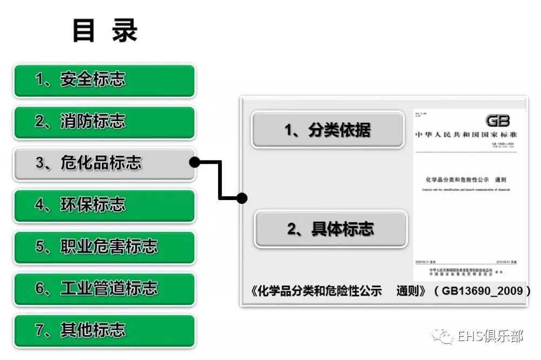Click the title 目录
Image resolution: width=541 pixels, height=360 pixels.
pyautogui.click(x=105, y=31)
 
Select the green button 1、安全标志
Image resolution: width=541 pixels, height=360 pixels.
pyautogui.click(x=104, y=81)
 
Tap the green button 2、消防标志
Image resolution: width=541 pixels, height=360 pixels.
pyautogui.click(x=104, y=122)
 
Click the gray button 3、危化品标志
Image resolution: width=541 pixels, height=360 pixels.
pyautogui.click(x=104, y=164)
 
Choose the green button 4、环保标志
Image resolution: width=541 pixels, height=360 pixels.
pyautogui.click(x=104, y=205)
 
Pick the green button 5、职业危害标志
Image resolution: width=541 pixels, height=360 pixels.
pyautogui.click(x=104, y=247)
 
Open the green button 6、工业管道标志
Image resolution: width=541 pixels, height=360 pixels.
pyautogui.click(x=104, y=289)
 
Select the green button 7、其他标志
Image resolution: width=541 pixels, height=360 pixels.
pyautogui.click(x=104, y=330)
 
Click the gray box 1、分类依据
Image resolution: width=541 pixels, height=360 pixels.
pyautogui.click(x=327, y=130)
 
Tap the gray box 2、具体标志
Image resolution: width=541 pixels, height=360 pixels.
pyautogui.click(x=330, y=229)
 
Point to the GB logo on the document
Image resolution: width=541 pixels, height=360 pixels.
pyautogui.click(x=497, y=121)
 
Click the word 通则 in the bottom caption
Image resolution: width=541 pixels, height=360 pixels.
pyautogui.click(x=407, y=291)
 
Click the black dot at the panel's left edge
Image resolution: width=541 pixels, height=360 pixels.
pyautogui.click(x=242, y=198)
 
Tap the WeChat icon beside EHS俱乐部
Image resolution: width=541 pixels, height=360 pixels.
pyautogui.click(x=447, y=336)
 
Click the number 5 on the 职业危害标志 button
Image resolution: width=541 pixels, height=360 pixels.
pyautogui.click(x=39, y=247)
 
